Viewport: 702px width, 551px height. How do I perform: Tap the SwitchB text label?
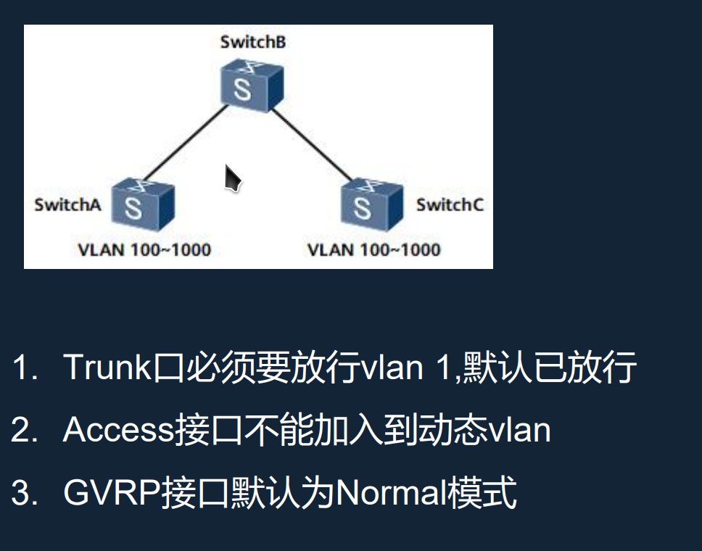coord(252,42)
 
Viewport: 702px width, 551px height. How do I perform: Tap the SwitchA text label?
coord(67,205)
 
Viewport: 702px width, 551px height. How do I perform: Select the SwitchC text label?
coord(450,205)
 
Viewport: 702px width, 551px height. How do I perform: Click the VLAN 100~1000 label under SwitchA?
coord(144,250)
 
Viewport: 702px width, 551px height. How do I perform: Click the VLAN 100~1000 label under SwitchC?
coord(373,250)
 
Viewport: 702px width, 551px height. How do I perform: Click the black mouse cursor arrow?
coord(232,178)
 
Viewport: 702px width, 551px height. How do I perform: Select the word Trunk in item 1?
coord(107,368)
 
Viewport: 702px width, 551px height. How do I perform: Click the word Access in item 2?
coord(119,430)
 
